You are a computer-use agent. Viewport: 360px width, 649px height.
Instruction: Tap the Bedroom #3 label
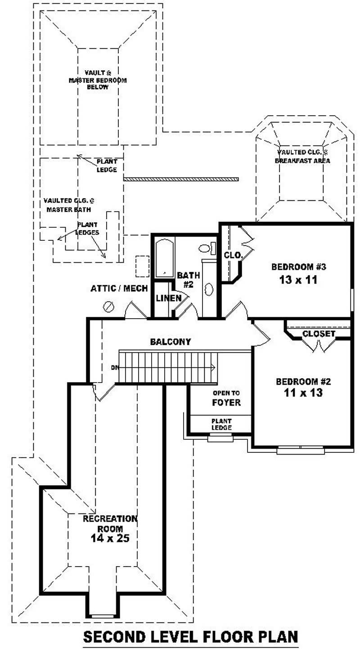(x=298, y=267)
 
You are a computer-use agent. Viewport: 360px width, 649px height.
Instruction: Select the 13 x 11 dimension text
(x=298, y=279)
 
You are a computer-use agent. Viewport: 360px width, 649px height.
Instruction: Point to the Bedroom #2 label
(x=303, y=382)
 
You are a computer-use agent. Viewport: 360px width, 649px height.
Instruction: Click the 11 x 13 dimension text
(x=303, y=393)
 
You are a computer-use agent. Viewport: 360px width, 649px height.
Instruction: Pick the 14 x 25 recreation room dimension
(x=110, y=538)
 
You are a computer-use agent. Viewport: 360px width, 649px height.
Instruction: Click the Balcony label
(x=171, y=342)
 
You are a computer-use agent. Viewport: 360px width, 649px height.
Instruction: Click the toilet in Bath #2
(x=206, y=248)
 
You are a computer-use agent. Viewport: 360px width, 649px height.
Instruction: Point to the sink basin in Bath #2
(x=208, y=288)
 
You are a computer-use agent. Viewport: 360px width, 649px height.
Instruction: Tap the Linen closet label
(x=169, y=298)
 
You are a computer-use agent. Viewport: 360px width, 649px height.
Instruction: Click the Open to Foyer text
(x=226, y=397)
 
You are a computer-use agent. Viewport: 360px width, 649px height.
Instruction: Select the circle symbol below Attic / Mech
(x=109, y=306)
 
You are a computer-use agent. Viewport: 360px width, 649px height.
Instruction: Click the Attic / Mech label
(x=119, y=288)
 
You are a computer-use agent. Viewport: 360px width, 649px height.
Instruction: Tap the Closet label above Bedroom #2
(x=319, y=334)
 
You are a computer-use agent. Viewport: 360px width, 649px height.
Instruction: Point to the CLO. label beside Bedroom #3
(x=233, y=255)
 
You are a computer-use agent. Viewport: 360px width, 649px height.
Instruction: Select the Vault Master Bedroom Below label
(x=98, y=80)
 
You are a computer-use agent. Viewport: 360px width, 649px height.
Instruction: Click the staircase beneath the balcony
(x=166, y=367)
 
